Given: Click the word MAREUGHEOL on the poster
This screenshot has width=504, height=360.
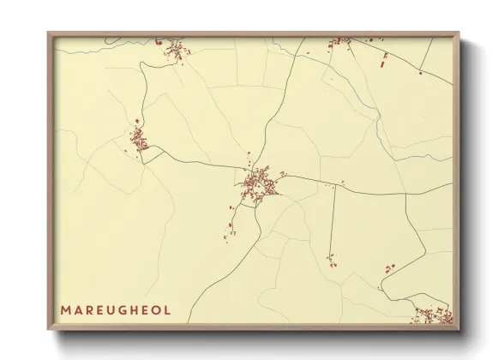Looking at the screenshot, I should point(115,309).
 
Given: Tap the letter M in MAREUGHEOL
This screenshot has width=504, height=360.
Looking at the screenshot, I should point(66,309).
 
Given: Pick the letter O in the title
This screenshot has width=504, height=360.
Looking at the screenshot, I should point(157,309).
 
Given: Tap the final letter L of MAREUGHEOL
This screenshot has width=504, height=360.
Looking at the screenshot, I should point(167,309).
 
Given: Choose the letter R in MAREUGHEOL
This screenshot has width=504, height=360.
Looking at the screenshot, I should point(88,309).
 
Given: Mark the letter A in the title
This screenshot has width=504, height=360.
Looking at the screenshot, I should point(77,309).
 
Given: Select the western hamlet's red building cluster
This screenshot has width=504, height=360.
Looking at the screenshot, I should point(139,139).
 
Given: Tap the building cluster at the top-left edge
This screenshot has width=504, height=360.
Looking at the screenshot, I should point(177,49).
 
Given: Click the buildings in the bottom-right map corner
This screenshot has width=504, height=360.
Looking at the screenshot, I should point(434,315).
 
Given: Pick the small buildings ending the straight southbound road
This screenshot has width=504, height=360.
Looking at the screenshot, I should point(331,258).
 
